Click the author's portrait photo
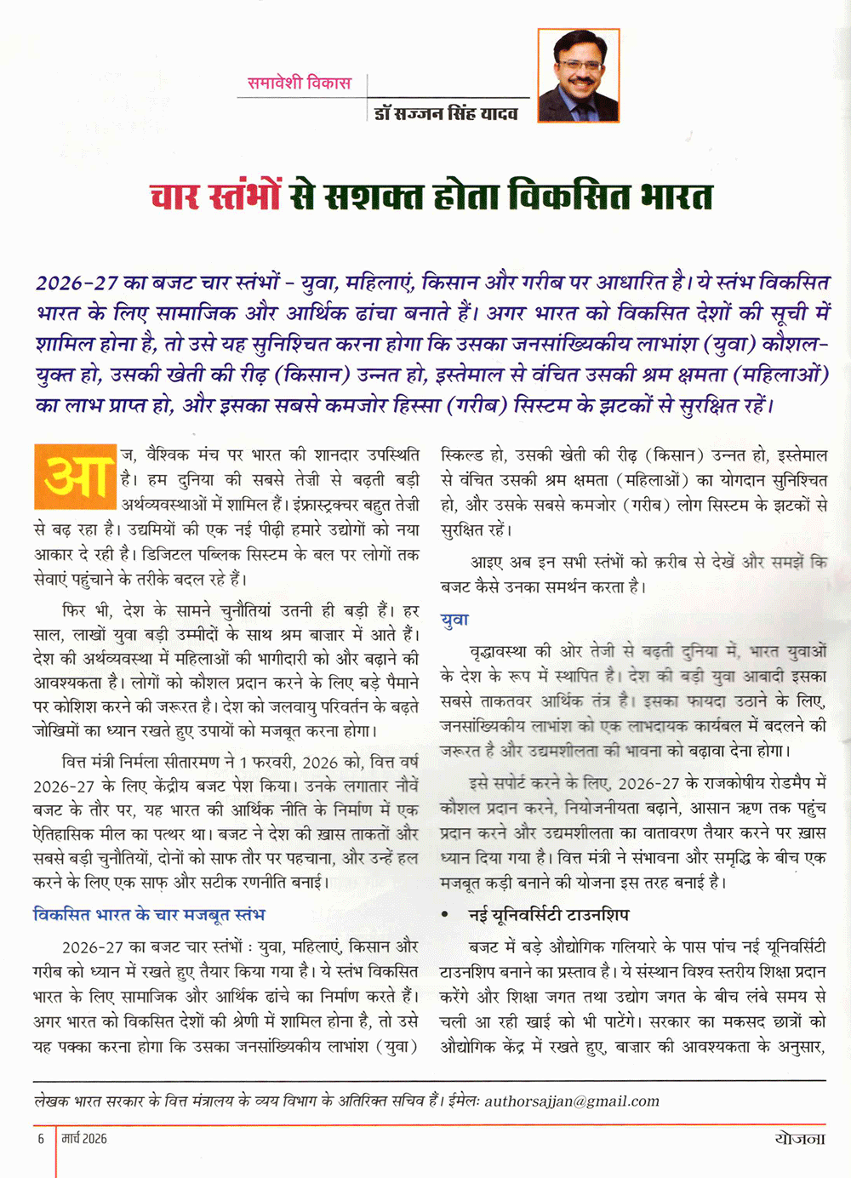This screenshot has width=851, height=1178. tap(578, 75)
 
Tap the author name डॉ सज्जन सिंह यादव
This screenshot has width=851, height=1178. tap(446, 112)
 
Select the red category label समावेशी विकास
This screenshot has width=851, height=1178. tap(299, 83)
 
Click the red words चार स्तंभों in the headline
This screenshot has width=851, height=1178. tap(215, 197)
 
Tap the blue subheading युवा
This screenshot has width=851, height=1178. tap(454, 620)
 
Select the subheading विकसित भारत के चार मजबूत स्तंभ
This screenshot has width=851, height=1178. tap(149, 914)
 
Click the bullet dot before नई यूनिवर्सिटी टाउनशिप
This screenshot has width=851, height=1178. tap(444, 915)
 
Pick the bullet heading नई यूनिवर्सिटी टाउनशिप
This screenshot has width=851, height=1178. tap(549, 915)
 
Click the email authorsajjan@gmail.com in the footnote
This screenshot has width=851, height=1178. tap(572, 1101)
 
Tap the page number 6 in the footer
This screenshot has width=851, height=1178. tap(41, 1138)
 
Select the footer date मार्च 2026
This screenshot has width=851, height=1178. tap(84, 1138)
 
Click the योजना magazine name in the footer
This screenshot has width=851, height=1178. tap(800, 1138)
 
